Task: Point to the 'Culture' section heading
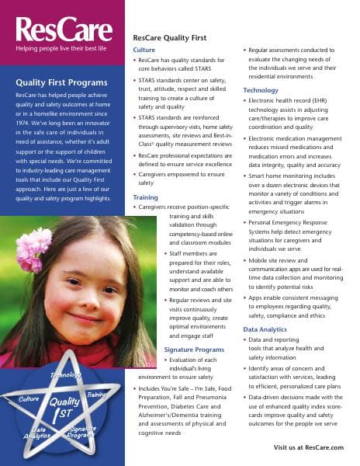(144, 50)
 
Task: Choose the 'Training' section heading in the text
(145, 197)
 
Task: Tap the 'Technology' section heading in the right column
(260, 90)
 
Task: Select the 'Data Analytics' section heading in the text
(265, 329)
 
